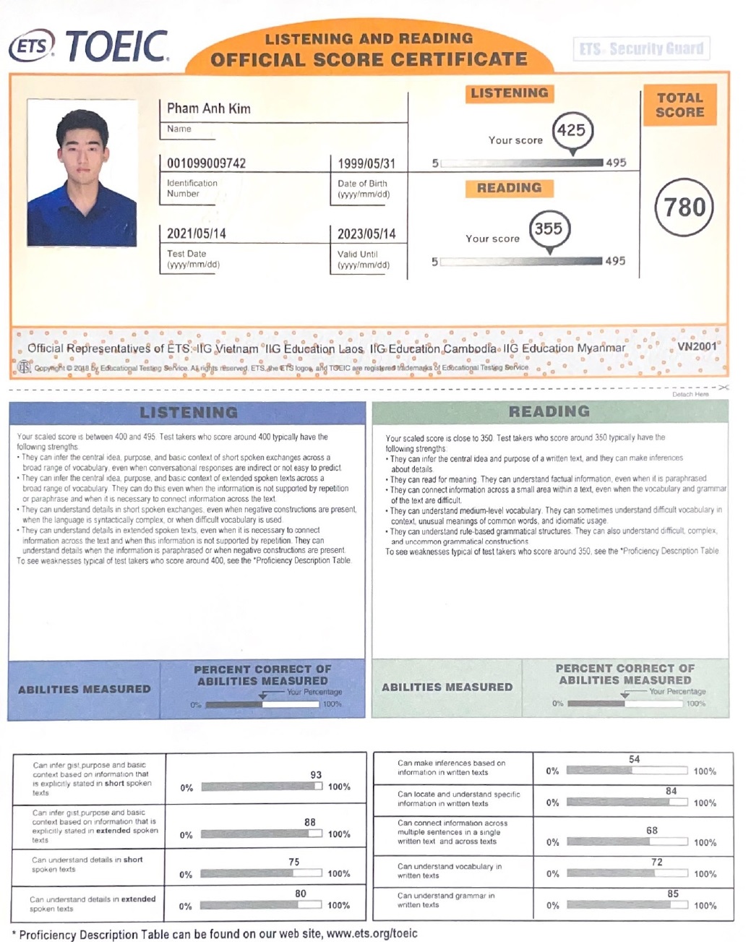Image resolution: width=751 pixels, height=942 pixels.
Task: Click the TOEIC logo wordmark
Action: (117, 47)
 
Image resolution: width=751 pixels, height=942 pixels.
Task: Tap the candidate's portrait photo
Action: (82, 173)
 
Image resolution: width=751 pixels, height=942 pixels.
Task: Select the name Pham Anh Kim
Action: (209, 108)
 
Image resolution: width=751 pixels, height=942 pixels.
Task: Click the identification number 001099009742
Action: (207, 163)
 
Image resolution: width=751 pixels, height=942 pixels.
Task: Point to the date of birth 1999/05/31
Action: (366, 163)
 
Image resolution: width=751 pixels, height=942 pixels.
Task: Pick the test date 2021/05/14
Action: (197, 234)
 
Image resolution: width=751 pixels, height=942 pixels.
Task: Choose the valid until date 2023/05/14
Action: (366, 234)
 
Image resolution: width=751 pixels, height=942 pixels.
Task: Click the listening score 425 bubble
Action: (572, 130)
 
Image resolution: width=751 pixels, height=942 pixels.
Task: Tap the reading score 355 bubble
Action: (549, 228)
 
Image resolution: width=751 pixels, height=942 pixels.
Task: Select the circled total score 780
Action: (684, 207)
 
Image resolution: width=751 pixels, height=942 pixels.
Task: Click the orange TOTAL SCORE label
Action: (679, 106)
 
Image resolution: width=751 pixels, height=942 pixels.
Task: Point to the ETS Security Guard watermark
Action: (641, 49)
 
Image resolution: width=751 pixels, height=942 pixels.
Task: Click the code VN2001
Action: (697, 346)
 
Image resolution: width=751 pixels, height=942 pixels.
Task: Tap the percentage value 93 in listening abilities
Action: (316, 774)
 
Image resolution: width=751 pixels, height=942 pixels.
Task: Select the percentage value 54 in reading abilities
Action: (634, 759)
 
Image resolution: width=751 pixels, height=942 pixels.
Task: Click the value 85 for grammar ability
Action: (673, 894)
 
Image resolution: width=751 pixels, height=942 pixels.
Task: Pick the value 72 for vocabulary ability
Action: (656, 862)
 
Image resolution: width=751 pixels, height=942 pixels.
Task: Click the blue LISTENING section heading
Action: (188, 413)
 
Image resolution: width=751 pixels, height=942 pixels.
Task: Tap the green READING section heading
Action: (549, 411)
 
